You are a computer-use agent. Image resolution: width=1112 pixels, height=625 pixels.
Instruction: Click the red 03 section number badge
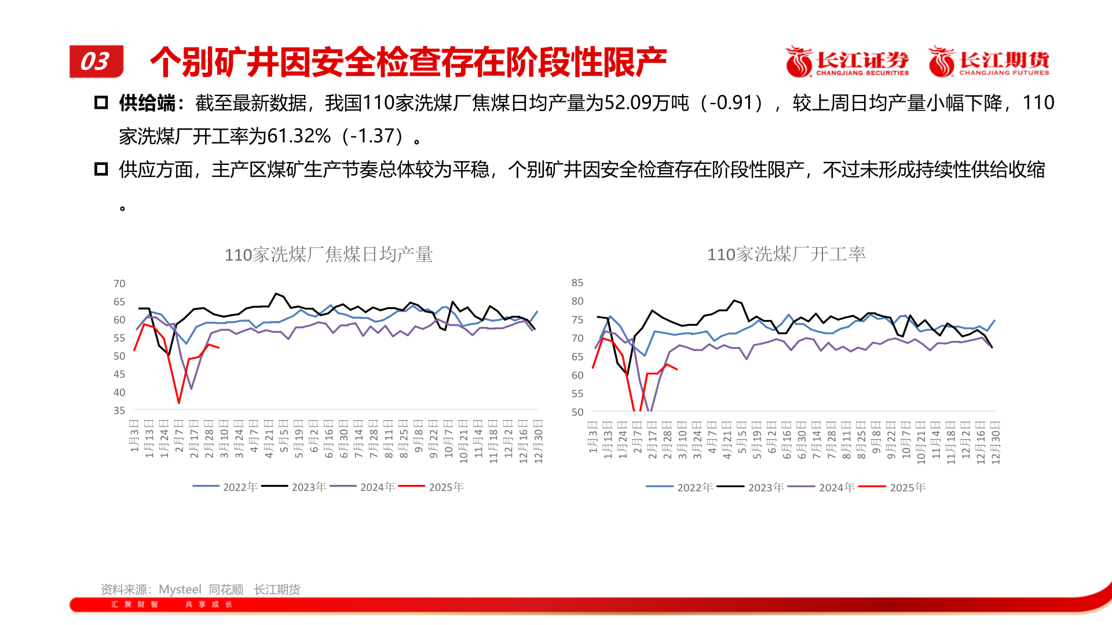point(96,61)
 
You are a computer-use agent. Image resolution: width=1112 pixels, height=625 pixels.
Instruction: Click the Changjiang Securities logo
point(847,61)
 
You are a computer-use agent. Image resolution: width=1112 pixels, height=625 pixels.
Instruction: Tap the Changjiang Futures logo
point(989,61)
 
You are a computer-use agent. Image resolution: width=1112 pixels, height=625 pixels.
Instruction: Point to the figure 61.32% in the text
point(299,136)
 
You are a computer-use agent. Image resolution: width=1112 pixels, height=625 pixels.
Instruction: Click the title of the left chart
point(328,255)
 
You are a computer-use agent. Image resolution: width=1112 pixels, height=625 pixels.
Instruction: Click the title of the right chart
point(786,254)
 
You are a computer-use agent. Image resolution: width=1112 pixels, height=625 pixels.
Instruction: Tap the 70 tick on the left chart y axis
point(119,284)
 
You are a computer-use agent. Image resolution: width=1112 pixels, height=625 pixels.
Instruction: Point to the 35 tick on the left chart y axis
point(119,410)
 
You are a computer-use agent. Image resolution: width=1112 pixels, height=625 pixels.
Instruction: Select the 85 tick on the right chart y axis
point(577,282)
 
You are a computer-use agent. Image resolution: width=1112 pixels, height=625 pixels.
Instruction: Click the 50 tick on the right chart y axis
point(577,412)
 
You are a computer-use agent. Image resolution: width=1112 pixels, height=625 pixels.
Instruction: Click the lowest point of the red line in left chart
point(179,402)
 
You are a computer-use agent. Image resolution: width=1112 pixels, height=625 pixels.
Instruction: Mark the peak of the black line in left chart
point(276,294)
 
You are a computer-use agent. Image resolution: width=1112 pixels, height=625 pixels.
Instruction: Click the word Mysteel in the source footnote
point(180,589)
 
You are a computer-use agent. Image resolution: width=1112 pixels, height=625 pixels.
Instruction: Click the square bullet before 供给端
point(101,103)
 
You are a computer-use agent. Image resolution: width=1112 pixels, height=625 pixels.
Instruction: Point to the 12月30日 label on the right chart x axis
point(996,443)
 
